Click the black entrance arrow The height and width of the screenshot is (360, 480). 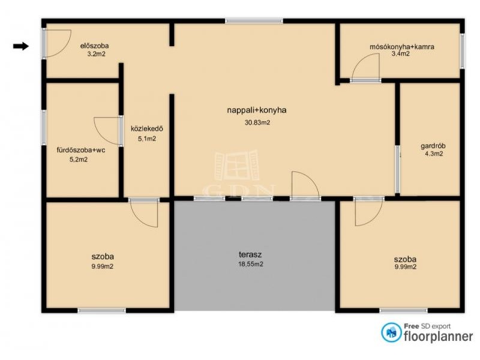[x=21, y=46]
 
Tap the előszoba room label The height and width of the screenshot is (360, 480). [x=95, y=46]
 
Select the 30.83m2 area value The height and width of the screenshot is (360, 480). [x=257, y=123]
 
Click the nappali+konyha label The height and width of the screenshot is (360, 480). [x=257, y=110]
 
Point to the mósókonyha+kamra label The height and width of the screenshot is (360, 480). [x=402, y=47]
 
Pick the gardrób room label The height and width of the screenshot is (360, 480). [x=433, y=146]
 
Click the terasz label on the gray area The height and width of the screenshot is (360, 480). [x=250, y=254]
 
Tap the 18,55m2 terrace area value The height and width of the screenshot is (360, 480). [x=251, y=264]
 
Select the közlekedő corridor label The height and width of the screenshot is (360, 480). [x=147, y=128]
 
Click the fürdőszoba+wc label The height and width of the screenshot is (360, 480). [x=81, y=151]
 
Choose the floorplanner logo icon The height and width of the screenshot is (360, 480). [x=391, y=332]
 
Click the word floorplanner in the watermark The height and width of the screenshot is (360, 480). [x=439, y=337]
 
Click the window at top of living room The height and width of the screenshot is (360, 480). [x=254, y=21]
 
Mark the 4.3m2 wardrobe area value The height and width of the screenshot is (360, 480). [x=434, y=154]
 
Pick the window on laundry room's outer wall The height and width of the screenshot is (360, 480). [x=462, y=51]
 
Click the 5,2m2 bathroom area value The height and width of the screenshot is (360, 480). [x=79, y=160]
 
